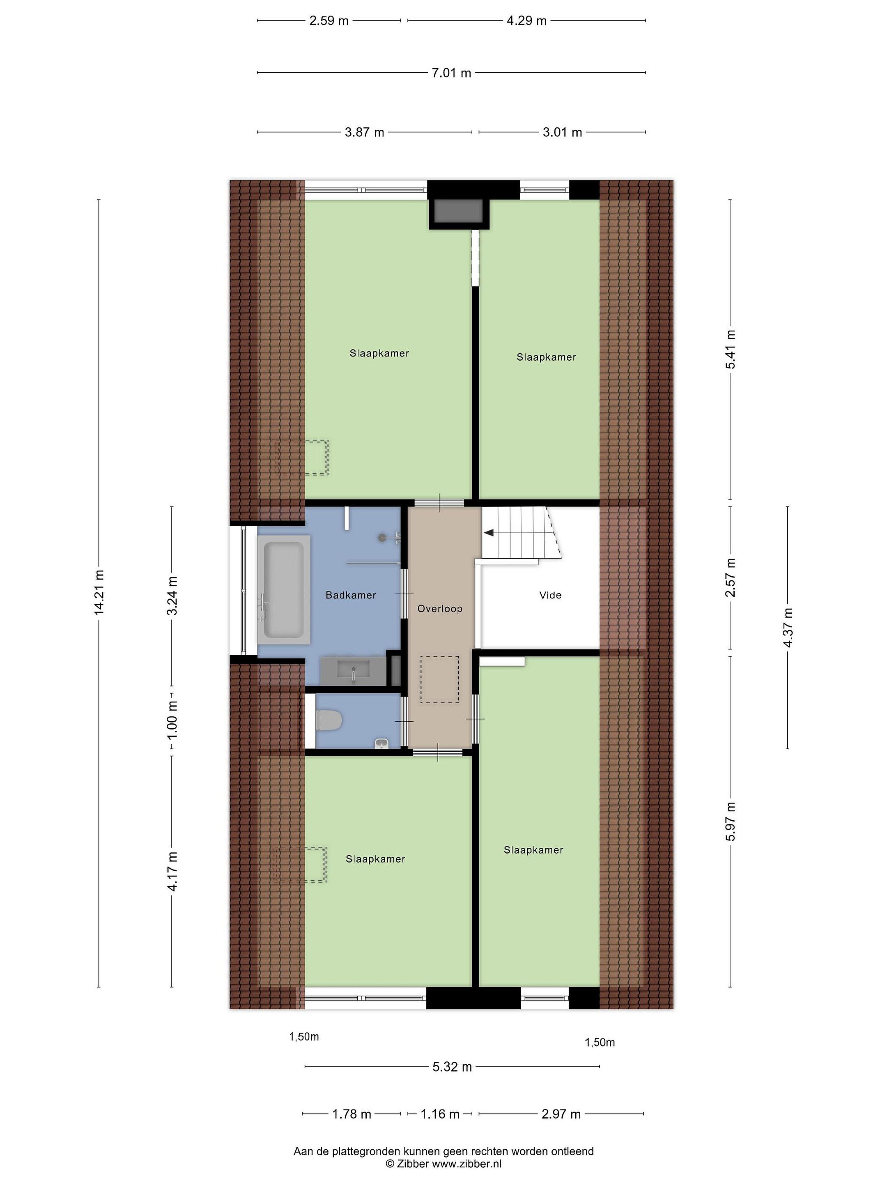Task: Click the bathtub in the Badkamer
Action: (x=284, y=589)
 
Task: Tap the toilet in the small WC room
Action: (x=329, y=719)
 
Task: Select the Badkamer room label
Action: (x=351, y=595)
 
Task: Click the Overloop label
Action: (x=439, y=609)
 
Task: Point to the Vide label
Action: (x=550, y=595)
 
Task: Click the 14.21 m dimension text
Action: (x=99, y=593)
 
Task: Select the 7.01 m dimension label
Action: (x=451, y=73)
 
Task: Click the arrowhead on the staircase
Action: (x=489, y=533)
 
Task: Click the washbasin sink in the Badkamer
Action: (x=353, y=671)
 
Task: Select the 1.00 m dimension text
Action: (x=172, y=720)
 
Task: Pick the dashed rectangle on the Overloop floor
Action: (x=439, y=679)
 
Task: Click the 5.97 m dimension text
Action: (x=731, y=822)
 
